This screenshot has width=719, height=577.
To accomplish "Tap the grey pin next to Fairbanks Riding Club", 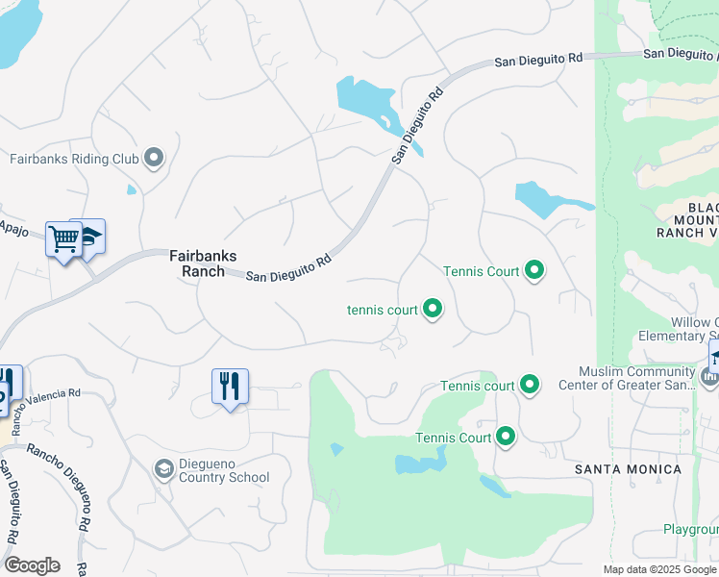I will [154, 158].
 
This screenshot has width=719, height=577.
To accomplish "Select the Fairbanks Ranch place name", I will [197, 263].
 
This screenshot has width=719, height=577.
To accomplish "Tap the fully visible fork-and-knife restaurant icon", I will [230, 387].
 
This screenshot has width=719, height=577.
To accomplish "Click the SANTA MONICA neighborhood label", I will [628, 469].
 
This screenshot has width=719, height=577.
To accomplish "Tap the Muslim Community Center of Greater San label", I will [636, 379].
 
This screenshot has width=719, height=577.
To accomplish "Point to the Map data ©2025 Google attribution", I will [658, 569].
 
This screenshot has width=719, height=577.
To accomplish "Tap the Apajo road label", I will [14, 233].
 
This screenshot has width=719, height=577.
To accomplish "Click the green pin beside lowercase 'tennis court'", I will [433, 309].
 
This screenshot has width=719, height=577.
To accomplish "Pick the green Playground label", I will [691, 530].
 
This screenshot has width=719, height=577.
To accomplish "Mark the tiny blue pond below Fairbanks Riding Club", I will [132, 189].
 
